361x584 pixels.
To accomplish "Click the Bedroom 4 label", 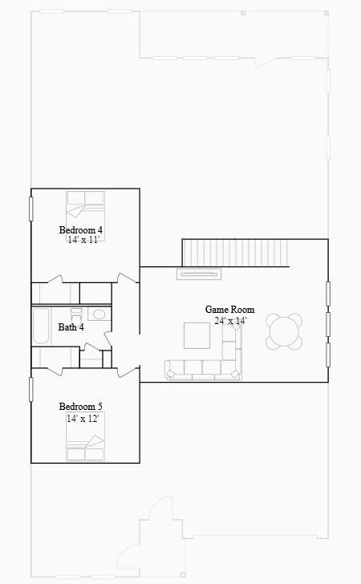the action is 80,229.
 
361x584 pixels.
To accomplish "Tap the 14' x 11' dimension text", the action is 83,240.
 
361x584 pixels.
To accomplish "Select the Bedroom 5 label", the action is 80,407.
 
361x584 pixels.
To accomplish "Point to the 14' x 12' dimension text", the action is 83,419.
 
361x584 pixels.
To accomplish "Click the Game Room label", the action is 230,310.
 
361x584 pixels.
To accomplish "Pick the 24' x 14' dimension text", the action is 230,320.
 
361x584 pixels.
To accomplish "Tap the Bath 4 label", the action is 71,327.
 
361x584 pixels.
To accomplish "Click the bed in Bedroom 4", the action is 85,216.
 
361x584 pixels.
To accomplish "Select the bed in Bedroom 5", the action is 85,436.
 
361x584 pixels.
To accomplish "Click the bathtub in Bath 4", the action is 41,326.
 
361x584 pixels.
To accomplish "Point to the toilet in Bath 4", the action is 76,316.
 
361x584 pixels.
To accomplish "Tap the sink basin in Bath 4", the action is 99,314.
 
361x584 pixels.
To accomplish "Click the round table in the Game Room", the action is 284,331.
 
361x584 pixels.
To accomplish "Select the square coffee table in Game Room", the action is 197,335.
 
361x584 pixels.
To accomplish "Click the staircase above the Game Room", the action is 235,253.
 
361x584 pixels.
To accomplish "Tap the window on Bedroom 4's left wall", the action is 31,209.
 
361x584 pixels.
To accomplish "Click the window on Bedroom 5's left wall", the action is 31,389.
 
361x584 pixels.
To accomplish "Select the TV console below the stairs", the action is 199,274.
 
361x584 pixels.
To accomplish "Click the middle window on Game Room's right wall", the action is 328,324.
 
